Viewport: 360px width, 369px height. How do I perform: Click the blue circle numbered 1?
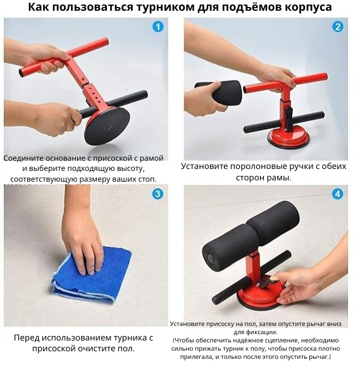(158, 27)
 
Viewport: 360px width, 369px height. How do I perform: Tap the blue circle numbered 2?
(337, 27)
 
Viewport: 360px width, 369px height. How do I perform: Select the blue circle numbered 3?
(158, 194)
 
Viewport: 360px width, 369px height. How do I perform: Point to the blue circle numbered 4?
(337, 194)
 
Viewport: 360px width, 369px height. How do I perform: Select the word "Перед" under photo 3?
(28, 337)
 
